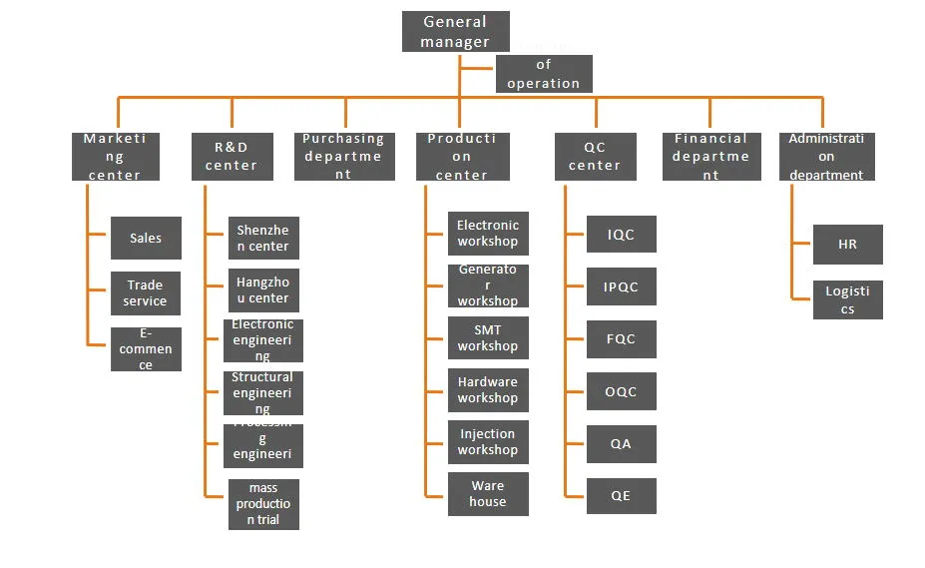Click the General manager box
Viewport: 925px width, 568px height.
click(x=455, y=32)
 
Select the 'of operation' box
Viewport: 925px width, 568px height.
click(x=544, y=74)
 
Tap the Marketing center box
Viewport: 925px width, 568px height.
click(x=115, y=157)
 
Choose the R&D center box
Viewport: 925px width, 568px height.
click(x=231, y=157)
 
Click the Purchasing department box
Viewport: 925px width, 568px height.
click(x=343, y=157)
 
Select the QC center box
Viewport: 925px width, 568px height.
click(x=595, y=157)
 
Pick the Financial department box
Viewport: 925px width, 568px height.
click(x=710, y=157)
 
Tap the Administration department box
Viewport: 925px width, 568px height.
click(x=826, y=157)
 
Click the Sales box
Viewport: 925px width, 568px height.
click(x=146, y=238)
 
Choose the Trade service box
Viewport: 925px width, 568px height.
click(x=146, y=292)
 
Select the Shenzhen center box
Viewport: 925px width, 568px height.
click(x=263, y=238)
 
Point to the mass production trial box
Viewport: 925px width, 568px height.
click(x=263, y=504)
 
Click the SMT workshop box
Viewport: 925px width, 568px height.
click(x=487, y=337)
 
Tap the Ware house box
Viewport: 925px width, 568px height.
click(x=487, y=493)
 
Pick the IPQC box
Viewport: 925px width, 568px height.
click(x=621, y=286)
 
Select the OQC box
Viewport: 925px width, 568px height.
click(x=621, y=391)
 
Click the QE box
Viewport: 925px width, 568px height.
click(x=621, y=495)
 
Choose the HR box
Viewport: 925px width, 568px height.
click(x=847, y=244)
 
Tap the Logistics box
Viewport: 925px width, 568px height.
click(x=847, y=299)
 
